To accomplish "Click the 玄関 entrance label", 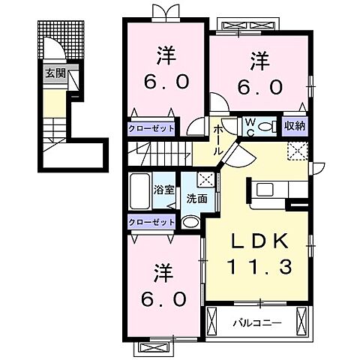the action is (55, 73).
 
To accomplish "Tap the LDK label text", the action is (259, 241).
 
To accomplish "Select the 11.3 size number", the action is (259, 266).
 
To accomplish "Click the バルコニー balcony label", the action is (257, 323).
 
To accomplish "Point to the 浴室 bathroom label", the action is (163, 190).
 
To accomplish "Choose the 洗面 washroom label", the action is (197, 199).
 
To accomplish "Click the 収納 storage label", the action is (295, 126).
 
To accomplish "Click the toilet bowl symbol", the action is (265, 127).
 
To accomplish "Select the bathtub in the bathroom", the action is (140, 191).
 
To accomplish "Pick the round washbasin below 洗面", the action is (190, 222).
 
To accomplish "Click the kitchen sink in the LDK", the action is (265, 190).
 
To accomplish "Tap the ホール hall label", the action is (217, 140).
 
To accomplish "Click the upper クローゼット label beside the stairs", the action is (151, 129).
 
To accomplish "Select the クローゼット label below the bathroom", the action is (151, 222).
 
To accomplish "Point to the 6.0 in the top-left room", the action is (166, 82).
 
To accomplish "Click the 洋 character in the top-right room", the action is (260, 61).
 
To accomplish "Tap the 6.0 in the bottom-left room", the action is (163, 299).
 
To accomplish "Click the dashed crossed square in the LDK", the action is (297, 151).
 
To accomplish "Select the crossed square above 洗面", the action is (205, 179).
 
